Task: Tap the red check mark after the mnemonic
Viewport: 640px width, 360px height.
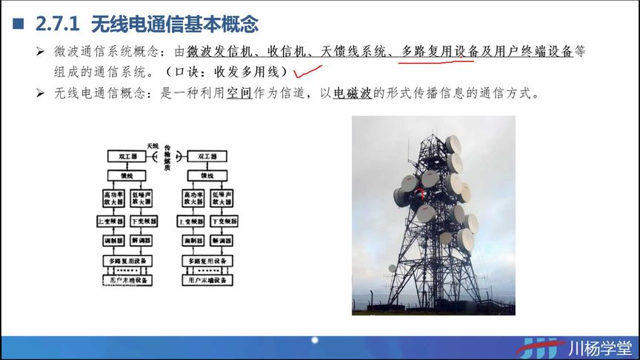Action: [x=308, y=72]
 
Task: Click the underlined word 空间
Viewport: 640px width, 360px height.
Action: [x=239, y=94]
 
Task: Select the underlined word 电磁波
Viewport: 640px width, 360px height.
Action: [x=352, y=94]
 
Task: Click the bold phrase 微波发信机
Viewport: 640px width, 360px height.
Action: [x=219, y=52]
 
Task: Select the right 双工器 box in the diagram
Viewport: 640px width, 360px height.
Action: [x=203, y=157]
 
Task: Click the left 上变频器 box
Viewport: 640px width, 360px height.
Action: [x=111, y=221]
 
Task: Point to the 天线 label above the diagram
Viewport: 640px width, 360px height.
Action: [x=153, y=145]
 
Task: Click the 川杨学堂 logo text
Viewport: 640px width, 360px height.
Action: [x=600, y=347]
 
